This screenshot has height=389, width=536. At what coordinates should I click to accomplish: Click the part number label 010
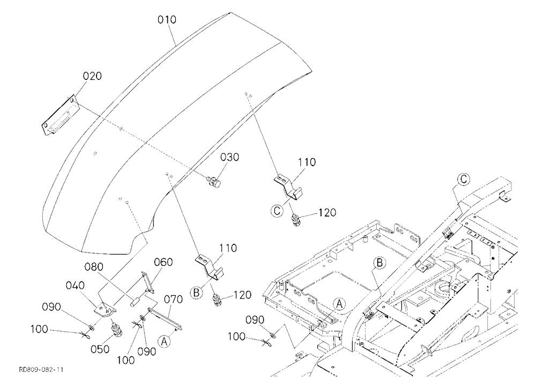(167, 20)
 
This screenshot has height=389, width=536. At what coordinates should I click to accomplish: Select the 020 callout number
(92, 76)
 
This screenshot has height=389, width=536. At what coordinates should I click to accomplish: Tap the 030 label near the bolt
(229, 157)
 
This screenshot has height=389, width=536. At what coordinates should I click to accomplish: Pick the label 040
(75, 285)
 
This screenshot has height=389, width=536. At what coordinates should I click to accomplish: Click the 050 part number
(100, 349)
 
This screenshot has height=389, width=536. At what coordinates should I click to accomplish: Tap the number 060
(163, 262)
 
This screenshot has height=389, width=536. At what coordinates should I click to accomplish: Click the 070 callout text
(173, 300)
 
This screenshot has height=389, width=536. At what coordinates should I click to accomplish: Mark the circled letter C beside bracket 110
(277, 211)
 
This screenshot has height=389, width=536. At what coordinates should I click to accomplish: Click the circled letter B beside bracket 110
(196, 293)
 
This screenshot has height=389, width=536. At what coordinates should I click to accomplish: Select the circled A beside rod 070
(164, 341)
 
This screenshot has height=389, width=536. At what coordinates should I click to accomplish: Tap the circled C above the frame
(464, 179)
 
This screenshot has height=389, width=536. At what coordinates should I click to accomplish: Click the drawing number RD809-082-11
(41, 370)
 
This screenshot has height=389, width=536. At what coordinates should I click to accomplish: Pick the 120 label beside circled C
(327, 213)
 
